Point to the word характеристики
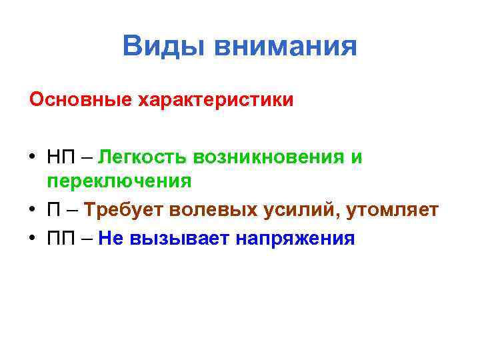click(x=215, y=100)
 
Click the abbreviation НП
click(x=62, y=157)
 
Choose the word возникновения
click(x=267, y=157)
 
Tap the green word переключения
click(x=119, y=181)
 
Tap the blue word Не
click(x=109, y=238)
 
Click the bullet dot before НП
click(x=33, y=158)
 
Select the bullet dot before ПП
click(x=33, y=239)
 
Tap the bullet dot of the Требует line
click(x=33, y=211)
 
